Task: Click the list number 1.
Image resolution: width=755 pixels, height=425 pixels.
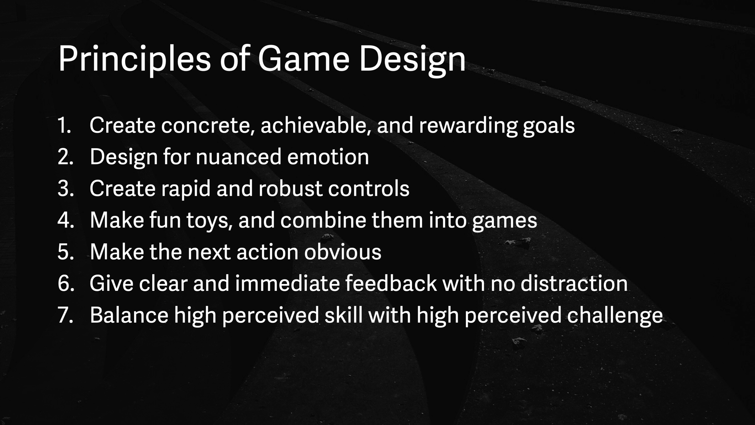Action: point(64,125)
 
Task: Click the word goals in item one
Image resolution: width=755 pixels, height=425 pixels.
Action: point(549,126)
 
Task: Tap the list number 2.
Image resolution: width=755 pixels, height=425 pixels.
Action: point(65,157)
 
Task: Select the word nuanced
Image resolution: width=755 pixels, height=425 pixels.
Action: point(238,157)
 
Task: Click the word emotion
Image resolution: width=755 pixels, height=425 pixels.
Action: point(328,157)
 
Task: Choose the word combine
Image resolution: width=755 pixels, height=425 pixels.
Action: point(323,220)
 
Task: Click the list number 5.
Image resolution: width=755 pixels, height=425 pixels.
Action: point(65,252)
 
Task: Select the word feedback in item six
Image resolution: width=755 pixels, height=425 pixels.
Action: point(391,283)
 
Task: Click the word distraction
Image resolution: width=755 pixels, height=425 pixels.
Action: point(574,283)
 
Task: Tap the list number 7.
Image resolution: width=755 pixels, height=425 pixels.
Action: point(65,315)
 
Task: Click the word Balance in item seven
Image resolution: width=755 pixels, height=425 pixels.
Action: point(129,315)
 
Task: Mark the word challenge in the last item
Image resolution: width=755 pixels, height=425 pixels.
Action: point(615,316)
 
